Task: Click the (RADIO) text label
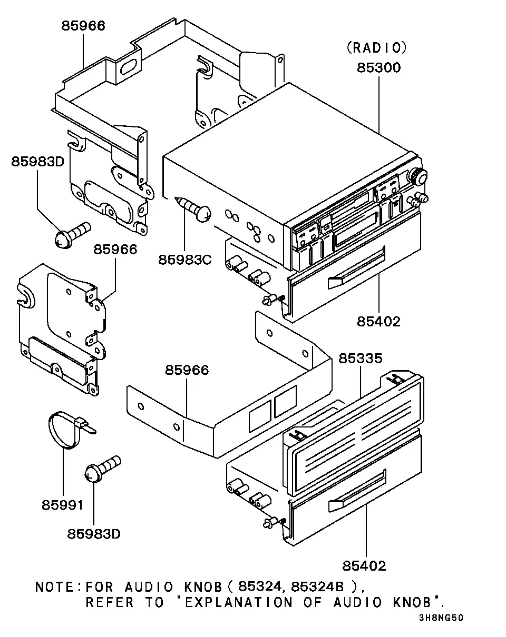point(377,48)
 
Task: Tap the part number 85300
point(378,68)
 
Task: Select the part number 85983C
point(185,260)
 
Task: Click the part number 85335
point(361,359)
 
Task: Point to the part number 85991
point(63,505)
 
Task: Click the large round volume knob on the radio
point(417,176)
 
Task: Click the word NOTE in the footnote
point(54,587)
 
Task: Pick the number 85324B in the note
point(317,586)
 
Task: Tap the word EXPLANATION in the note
point(239,603)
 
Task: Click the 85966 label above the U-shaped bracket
point(187,370)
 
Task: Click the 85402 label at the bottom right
point(364,566)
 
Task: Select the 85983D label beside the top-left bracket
point(37,162)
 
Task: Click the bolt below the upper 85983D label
point(73,235)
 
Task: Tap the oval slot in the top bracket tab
point(129,67)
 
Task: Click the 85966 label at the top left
point(83,26)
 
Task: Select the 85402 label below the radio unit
point(378,322)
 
